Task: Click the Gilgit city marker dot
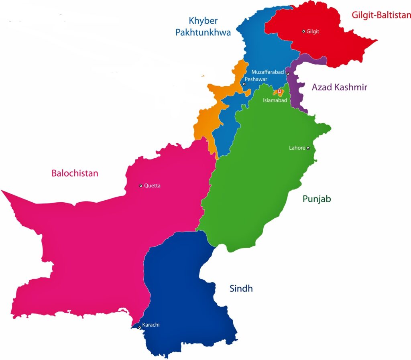(304, 31)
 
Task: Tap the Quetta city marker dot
(141, 185)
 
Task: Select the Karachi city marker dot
(140, 327)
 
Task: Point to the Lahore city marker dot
(308, 148)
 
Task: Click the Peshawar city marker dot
(244, 84)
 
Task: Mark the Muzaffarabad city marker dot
(288, 74)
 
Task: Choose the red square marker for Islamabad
(279, 92)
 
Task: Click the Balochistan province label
(75, 173)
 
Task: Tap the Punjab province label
(317, 199)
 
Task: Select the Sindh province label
(241, 288)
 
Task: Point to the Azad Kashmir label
(340, 87)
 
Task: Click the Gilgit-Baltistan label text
(381, 15)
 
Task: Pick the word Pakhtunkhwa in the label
(203, 33)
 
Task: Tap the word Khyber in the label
(204, 20)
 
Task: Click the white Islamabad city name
(275, 100)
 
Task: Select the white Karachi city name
(151, 325)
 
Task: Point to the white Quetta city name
(153, 185)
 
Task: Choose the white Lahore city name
(297, 148)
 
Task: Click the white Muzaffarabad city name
(268, 72)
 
